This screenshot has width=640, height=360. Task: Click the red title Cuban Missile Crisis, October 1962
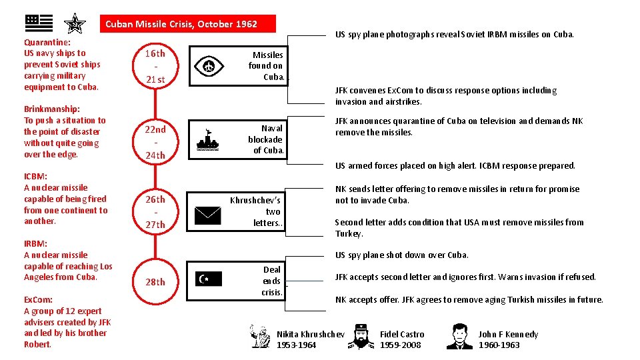tap(181, 24)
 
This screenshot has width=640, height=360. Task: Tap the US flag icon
tap(39, 23)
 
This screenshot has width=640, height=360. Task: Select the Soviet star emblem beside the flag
tap(75, 24)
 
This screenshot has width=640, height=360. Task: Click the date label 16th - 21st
tap(155, 67)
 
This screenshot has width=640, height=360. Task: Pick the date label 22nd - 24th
tap(155, 142)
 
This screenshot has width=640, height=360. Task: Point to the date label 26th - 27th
tap(155, 212)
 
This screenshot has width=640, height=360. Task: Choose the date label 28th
tap(155, 282)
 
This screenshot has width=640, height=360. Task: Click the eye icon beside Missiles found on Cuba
tap(209, 66)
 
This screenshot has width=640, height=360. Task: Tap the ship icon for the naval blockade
tap(209, 141)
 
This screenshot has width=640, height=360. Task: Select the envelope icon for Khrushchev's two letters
tap(209, 215)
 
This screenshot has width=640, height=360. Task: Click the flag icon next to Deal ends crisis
tap(209, 279)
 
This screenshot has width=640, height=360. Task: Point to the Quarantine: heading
tap(47, 42)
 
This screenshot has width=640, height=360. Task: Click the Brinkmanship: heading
tap(52, 109)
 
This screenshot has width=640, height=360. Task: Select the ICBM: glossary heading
tap(35, 177)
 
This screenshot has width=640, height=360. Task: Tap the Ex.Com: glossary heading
tap(38, 299)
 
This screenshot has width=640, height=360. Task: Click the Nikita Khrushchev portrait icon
tap(260, 336)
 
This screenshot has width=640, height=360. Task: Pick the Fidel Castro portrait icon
tap(361, 337)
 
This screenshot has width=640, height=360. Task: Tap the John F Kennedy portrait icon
tap(459, 337)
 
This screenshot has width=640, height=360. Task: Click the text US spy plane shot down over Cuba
tap(401, 255)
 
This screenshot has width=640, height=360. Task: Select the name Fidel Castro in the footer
tap(402, 334)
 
